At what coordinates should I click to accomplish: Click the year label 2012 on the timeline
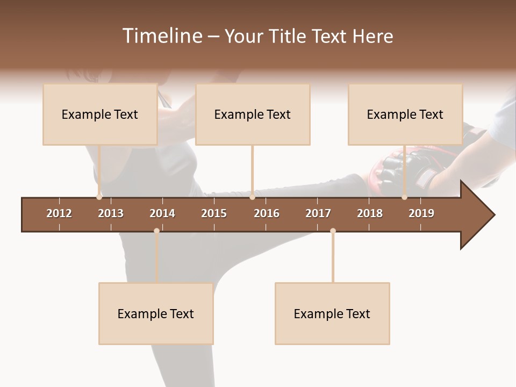(x=59, y=213)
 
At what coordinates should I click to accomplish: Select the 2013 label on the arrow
(x=111, y=213)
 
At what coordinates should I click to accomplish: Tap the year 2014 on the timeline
(x=162, y=213)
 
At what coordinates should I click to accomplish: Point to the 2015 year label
(x=214, y=213)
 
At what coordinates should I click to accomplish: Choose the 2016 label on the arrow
(x=267, y=213)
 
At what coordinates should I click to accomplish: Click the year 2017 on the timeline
(x=318, y=213)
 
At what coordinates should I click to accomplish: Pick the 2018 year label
(x=370, y=213)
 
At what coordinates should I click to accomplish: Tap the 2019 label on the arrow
(x=421, y=213)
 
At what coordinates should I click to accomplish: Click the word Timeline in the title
(x=162, y=36)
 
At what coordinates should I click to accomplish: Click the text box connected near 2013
(x=100, y=114)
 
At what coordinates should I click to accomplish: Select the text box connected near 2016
(x=253, y=114)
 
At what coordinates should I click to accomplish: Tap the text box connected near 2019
(x=405, y=114)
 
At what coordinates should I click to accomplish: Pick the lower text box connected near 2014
(x=156, y=313)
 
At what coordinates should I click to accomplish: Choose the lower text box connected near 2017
(x=332, y=313)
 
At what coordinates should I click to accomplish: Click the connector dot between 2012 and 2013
(x=99, y=197)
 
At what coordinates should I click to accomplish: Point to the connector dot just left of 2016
(x=252, y=197)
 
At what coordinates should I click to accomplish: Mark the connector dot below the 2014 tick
(x=156, y=231)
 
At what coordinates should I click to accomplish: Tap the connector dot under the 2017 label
(x=333, y=231)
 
